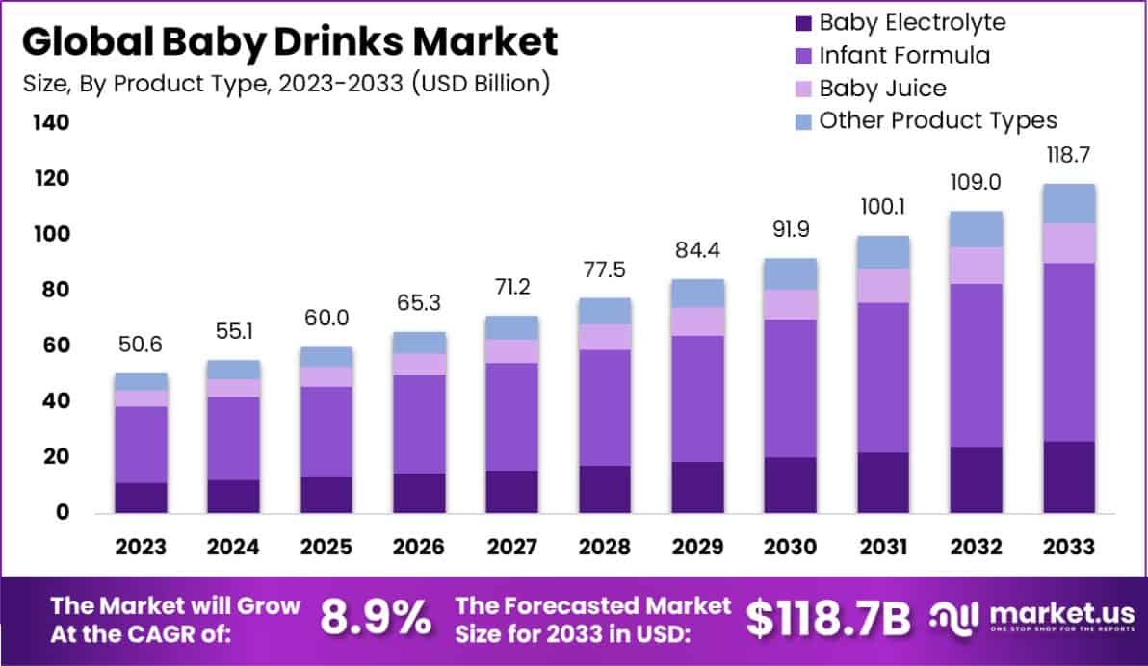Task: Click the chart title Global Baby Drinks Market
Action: pos(290,41)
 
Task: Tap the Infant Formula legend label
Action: pos(903,55)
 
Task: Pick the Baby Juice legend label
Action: pos(882,88)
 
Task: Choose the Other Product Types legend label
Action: pos(938,120)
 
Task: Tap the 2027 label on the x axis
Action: pos(511,547)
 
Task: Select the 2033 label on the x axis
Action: pos(1069,547)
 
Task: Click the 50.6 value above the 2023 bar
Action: pos(141,345)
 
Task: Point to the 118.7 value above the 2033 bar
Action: pos(1069,155)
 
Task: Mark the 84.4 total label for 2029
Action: pos(697,254)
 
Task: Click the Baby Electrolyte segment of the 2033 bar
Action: pos(1069,476)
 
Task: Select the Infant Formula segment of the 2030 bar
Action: pos(791,388)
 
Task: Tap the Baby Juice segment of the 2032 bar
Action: pos(976,265)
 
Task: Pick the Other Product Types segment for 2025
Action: pos(326,357)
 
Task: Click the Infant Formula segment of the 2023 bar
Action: pos(141,445)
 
